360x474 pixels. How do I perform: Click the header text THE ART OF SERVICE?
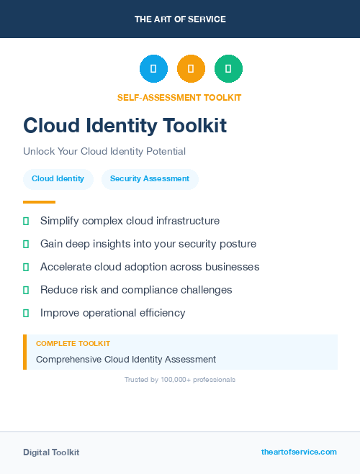pos(180,19)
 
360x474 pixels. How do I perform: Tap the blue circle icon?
pos(153,68)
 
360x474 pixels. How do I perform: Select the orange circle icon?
pos(191,68)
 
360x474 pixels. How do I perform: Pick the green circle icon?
pos(228,68)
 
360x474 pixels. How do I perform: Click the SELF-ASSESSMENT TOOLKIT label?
pos(179,97)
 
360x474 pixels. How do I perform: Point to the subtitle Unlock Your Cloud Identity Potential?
pos(104,152)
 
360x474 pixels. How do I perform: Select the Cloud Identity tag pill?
pos(58,179)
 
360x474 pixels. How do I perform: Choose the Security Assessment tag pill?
pos(150,179)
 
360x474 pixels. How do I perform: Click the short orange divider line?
pos(39,202)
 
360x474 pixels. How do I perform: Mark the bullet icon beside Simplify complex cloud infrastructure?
pos(26,221)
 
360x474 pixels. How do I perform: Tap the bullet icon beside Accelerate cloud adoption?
pos(26,267)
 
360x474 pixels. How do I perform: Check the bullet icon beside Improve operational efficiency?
pos(26,313)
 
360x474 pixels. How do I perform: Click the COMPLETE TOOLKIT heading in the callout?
pos(73,344)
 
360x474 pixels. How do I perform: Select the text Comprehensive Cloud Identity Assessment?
pos(126,359)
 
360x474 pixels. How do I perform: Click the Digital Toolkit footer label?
pos(51,452)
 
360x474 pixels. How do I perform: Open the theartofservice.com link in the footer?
pos(299,452)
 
